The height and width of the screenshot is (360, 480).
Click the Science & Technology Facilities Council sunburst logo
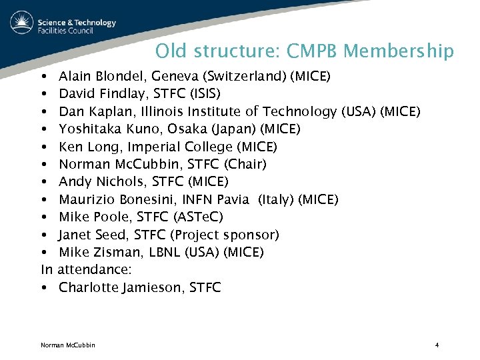tap(21, 23)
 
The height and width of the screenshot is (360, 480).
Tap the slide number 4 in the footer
tap(437, 345)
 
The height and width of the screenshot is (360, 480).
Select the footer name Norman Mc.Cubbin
tap(68, 345)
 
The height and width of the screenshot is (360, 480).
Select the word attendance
tap(95, 270)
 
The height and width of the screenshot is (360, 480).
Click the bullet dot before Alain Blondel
tap(43, 77)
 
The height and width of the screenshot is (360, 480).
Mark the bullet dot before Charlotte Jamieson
tap(43, 288)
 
